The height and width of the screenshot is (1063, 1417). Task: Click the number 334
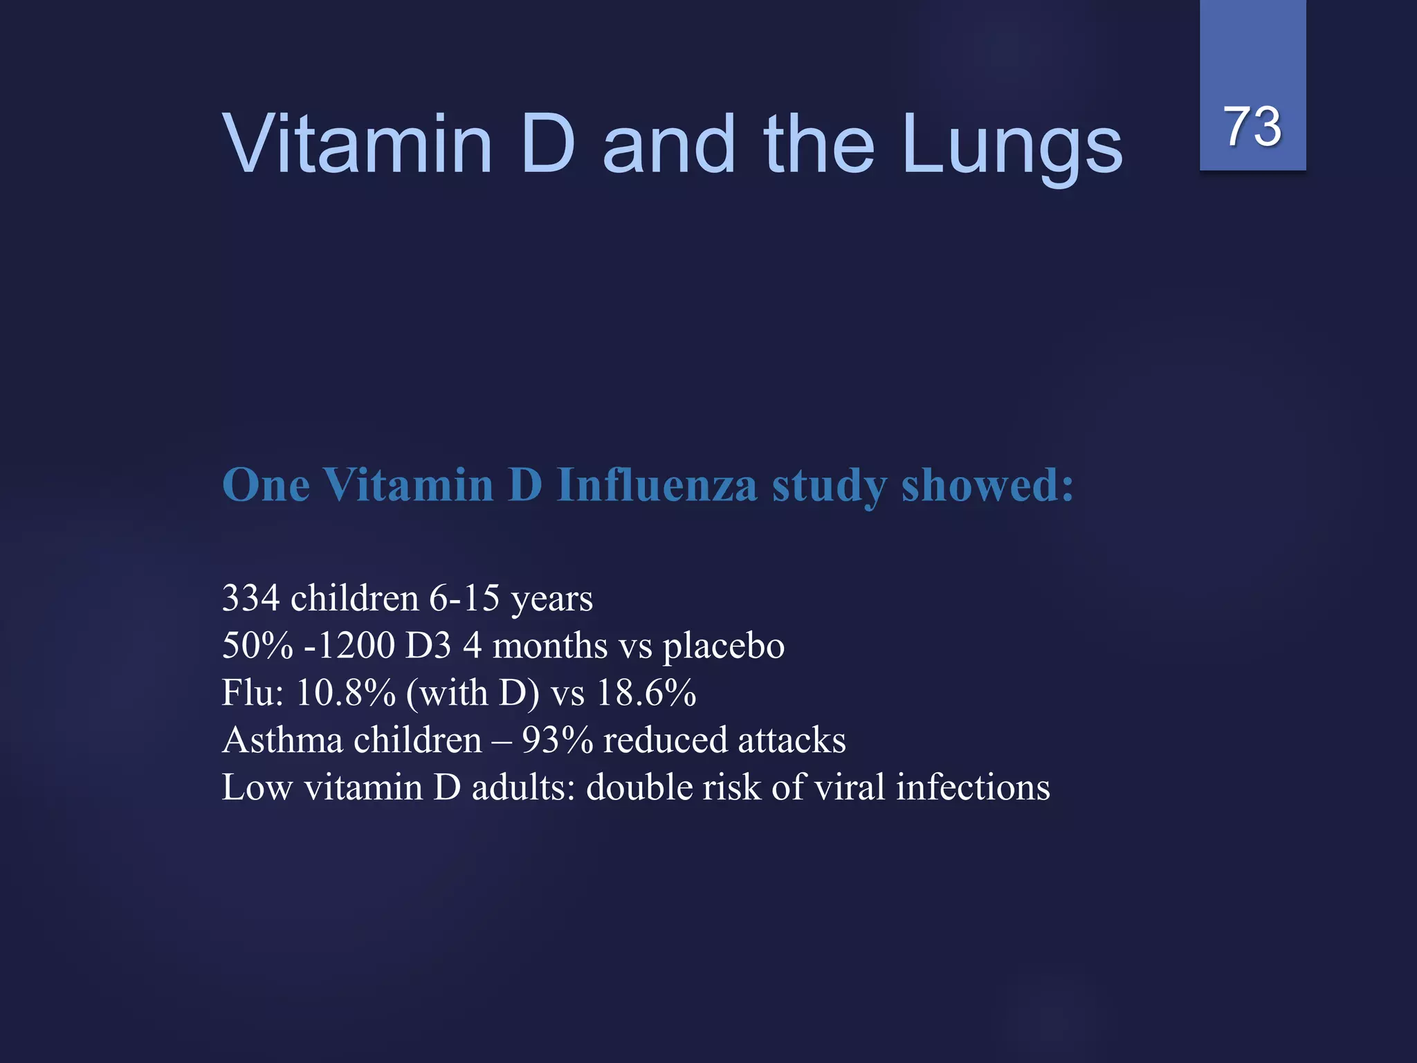tap(250, 598)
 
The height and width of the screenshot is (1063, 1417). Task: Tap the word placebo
tap(723, 646)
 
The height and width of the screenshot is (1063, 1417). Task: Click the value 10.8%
tap(345, 693)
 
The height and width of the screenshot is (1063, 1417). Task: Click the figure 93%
tap(557, 740)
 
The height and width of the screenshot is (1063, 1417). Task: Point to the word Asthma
tap(282, 740)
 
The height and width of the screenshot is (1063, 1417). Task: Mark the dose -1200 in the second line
tap(349, 646)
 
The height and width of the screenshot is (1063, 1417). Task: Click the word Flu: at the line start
tap(253, 693)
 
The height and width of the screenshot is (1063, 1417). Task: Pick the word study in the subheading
tap(829, 486)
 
